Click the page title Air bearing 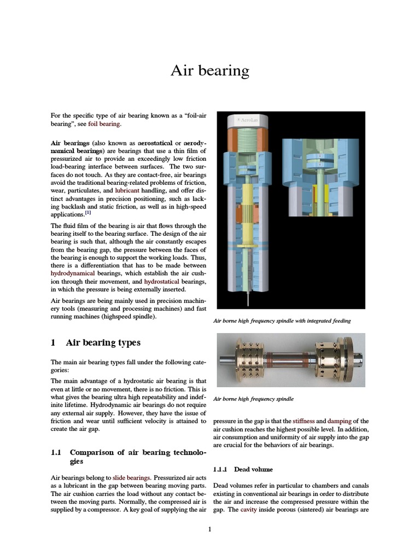tap(210, 71)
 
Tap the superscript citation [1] tap(87, 214)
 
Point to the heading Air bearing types tap(103, 343)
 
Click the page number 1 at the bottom tap(209, 529)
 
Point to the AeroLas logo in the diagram tap(248, 119)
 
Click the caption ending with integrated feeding tap(282, 321)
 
